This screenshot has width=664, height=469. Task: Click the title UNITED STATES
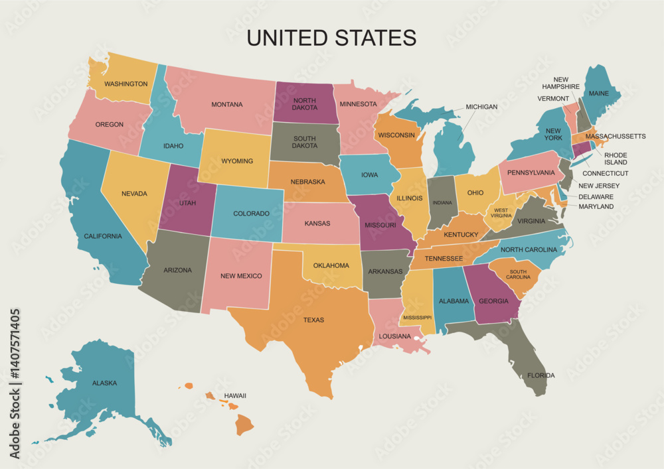[x=331, y=37]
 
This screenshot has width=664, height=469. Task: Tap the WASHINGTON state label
[x=125, y=84]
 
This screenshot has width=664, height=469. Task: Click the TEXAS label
[x=313, y=320]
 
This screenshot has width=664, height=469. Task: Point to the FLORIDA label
[x=541, y=375]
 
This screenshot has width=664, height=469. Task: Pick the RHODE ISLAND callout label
[x=615, y=159]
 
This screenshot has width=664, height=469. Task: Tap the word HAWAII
[x=235, y=395]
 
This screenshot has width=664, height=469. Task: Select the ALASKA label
[x=105, y=383]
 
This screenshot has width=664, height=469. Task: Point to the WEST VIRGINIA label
[x=501, y=213]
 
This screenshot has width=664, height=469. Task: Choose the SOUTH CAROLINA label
[x=519, y=275]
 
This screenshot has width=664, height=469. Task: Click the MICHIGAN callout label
[x=481, y=107]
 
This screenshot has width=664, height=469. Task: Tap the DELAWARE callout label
[x=596, y=197]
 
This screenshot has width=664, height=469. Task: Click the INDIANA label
[x=442, y=202]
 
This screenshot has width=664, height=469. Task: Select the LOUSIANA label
[x=395, y=336]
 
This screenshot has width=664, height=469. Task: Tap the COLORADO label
[x=251, y=214]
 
